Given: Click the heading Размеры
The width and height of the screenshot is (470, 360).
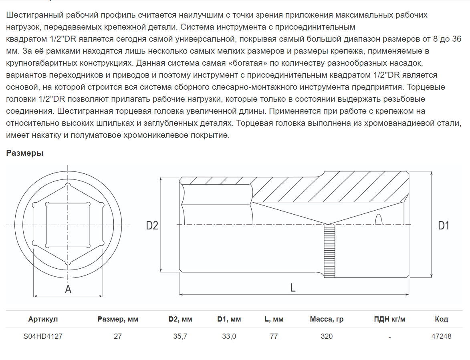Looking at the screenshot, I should pyautogui.click(x=25, y=153).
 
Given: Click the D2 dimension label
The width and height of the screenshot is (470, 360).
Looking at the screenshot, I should pyautogui.click(x=152, y=225).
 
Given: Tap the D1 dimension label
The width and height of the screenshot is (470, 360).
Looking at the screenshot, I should pyautogui.click(x=443, y=225).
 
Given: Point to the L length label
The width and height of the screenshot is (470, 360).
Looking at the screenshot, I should pyautogui.click(x=293, y=287).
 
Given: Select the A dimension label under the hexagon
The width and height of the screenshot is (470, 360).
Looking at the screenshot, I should pyautogui.click(x=68, y=289).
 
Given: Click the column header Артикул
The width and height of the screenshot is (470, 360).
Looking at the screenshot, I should pyautogui.click(x=43, y=319).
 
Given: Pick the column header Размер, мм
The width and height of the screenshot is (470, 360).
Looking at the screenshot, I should pyautogui.click(x=118, y=319).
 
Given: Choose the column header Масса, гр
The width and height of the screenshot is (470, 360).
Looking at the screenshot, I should pyautogui.click(x=327, y=319).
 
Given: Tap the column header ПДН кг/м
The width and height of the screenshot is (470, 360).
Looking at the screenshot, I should pyautogui.click(x=389, y=319).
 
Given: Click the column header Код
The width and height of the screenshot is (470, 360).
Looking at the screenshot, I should pyautogui.click(x=441, y=319).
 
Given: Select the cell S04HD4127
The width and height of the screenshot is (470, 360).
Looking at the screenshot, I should pyautogui.click(x=43, y=336).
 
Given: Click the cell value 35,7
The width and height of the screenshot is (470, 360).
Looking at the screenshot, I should pyautogui.click(x=180, y=336).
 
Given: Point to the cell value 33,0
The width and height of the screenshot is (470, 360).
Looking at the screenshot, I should pyautogui.click(x=229, y=336).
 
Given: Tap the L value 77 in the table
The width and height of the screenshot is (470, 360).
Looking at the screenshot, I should pyautogui.click(x=274, y=336).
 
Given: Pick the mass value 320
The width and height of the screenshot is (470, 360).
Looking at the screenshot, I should pyautogui.click(x=327, y=336).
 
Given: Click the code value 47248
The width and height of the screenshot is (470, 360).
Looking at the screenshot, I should pyautogui.click(x=441, y=336).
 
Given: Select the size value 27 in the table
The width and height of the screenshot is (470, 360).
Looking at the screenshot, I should pyautogui.click(x=117, y=336).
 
